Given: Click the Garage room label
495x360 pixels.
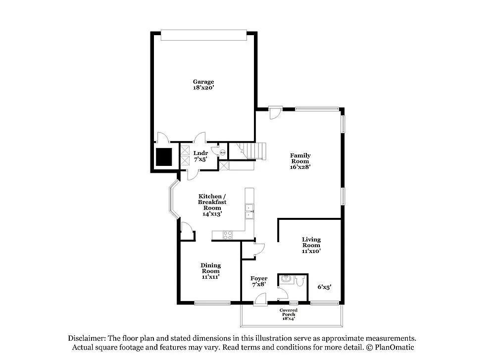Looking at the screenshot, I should [x=203, y=84].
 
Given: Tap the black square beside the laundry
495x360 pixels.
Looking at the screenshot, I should [x=163, y=156].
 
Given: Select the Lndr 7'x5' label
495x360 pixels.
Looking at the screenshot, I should [x=200, y=156].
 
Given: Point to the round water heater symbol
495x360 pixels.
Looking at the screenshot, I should [x=222, y=153].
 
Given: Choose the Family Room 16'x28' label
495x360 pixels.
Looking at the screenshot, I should [x=300, y=161].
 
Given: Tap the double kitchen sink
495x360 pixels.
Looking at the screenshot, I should [x=250, y=211].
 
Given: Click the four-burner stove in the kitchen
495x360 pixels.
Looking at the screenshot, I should [x=228, y=235].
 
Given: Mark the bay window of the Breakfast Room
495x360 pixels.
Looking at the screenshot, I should [x=173, y=201].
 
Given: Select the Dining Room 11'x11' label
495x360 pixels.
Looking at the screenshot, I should [x=210, y=271].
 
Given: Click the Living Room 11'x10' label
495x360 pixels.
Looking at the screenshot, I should [x=311, y=245].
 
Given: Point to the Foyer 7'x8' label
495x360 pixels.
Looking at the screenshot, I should [x=259, y=281].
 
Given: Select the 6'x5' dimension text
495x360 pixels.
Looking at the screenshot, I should [x=324, y=286].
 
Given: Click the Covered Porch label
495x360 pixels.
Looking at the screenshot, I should [x=288, y=314].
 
